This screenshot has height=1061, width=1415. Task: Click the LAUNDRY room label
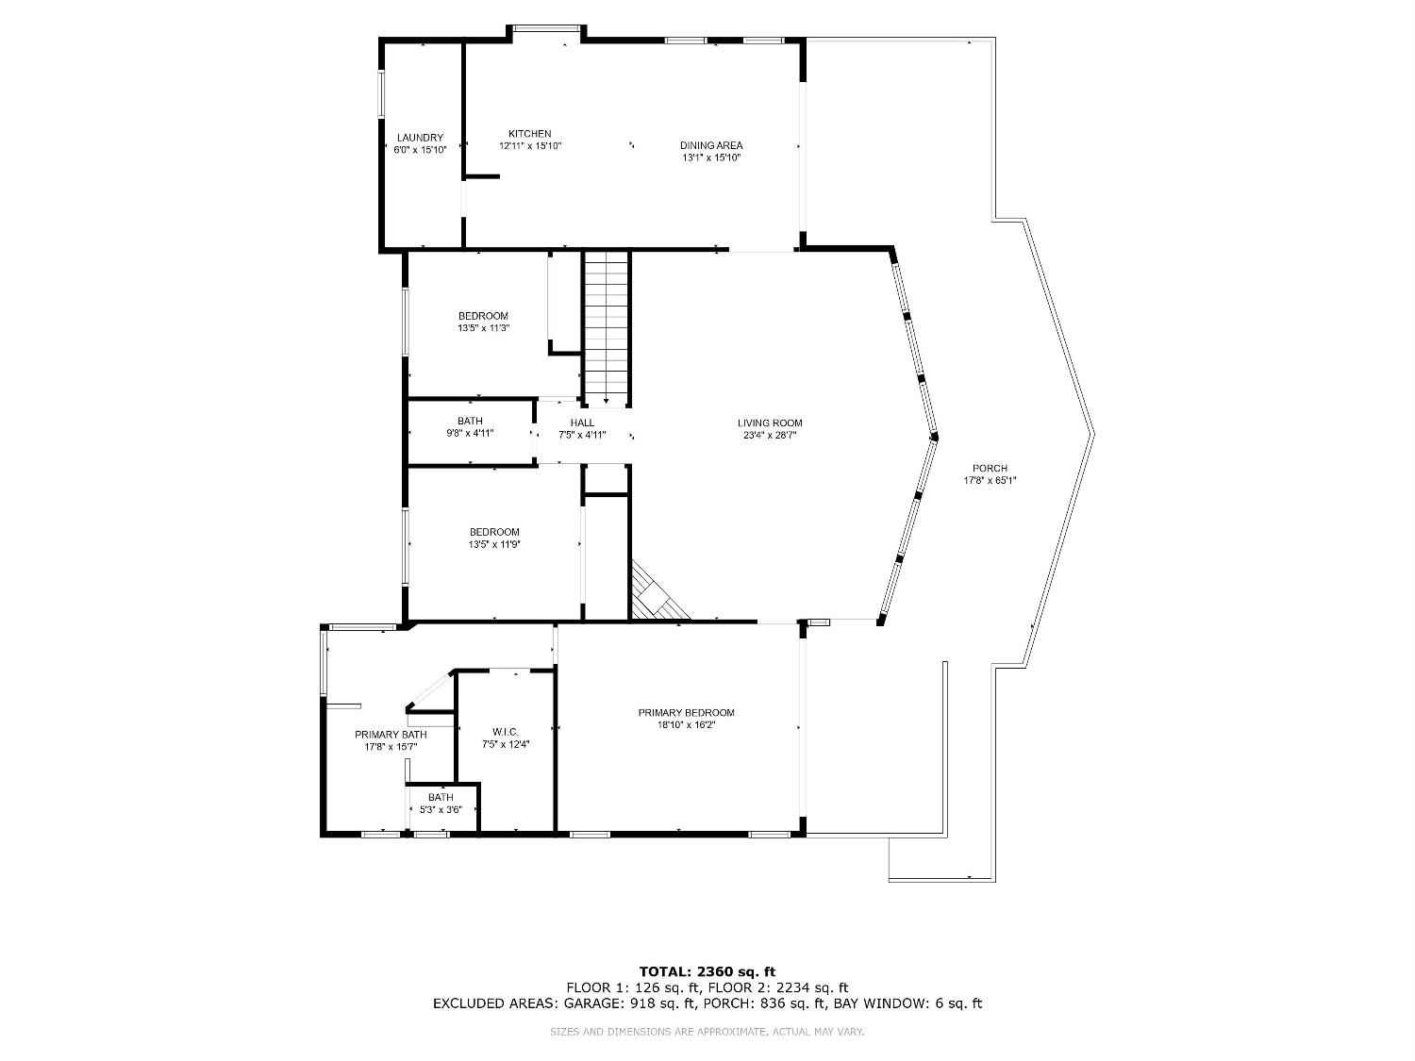(420, 138)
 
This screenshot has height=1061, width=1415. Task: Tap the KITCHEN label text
(529, 134)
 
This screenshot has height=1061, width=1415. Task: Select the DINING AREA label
(711, 145)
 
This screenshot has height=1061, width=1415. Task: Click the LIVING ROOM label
(770, 423)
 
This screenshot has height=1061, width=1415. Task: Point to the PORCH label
(990, 469)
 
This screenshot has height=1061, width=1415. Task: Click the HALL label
(582, 423)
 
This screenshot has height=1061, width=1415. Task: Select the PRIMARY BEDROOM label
(686, 713)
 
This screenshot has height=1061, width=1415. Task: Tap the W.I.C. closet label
(505, 732)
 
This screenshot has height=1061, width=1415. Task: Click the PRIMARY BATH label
(391, 735)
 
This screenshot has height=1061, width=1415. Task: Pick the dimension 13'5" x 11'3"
(483, 328)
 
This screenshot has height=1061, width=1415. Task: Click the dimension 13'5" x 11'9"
(494, 544)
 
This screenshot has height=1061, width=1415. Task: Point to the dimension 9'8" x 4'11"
(470, 433)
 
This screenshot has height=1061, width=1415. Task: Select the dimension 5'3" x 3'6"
(441, 809)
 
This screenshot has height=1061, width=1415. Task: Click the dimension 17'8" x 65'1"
(990, 480)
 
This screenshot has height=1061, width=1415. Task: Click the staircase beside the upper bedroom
(606, 325)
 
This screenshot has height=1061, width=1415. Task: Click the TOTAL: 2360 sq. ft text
(707, 971)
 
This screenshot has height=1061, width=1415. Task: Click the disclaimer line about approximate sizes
(707, 1032)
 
